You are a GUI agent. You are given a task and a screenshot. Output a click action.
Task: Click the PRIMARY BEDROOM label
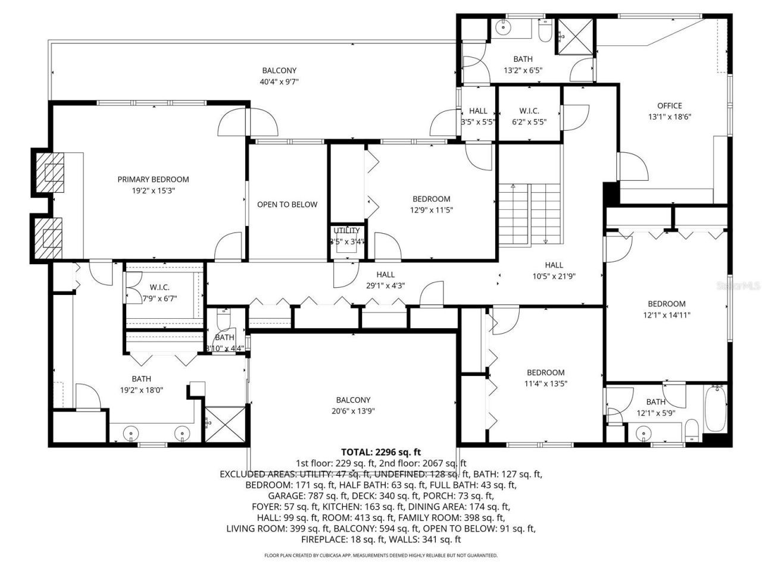(153, 179)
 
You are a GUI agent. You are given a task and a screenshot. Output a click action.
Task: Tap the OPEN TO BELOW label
(287, 204)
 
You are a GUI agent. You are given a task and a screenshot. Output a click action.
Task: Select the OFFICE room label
(669, 106)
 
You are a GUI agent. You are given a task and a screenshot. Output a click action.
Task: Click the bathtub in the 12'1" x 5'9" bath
(715, 410)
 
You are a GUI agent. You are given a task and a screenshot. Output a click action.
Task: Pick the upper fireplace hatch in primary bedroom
(50, 169)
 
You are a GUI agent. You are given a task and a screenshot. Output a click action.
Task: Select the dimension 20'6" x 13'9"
(353, 411)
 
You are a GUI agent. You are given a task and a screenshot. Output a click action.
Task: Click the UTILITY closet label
(346, 231)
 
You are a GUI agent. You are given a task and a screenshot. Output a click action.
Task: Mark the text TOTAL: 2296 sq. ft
(380, 452)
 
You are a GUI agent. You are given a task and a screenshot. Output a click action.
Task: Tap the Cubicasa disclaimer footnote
(380, 556)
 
